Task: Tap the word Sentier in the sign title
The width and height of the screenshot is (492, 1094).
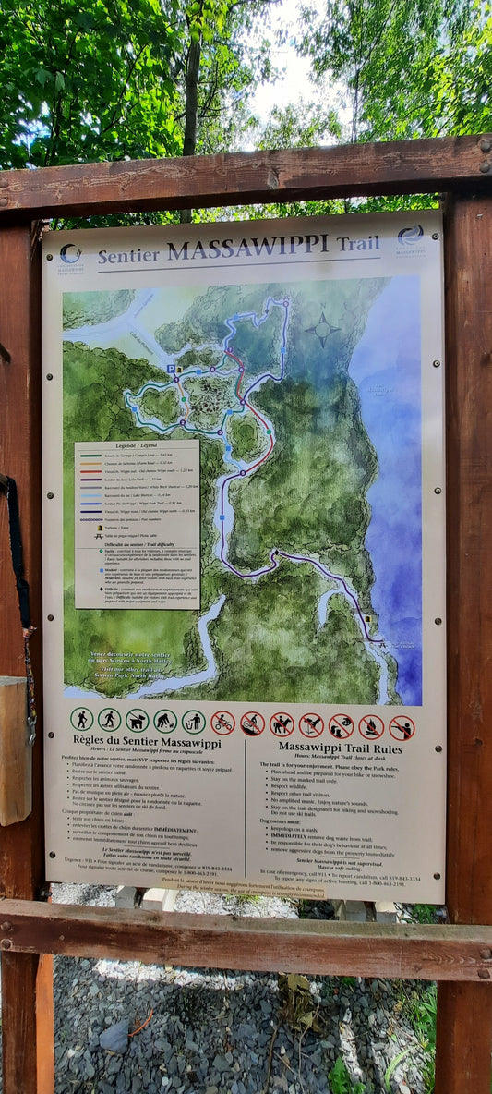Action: coord(128,255)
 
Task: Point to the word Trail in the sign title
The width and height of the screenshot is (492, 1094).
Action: coord(357,244)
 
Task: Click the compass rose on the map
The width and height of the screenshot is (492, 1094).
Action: coord(323,327)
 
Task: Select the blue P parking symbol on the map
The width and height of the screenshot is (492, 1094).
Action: coord(171,368)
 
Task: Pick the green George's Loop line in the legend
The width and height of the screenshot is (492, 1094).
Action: coord(90,456)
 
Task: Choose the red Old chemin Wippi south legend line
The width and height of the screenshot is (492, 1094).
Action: coord(90,471)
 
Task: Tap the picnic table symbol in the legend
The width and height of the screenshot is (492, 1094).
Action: coord(98,536)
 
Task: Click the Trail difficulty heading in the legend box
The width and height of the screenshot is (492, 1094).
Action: coord(136,544)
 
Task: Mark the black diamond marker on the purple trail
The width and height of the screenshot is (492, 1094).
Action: coord(274,554)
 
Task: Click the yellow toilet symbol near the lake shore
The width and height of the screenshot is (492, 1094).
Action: coord(367,617)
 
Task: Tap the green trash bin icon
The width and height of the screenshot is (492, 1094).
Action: coord(194,721)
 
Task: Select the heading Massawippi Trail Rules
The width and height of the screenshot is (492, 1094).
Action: coord(340,748)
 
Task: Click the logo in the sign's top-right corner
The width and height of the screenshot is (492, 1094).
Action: coord(410,238)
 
